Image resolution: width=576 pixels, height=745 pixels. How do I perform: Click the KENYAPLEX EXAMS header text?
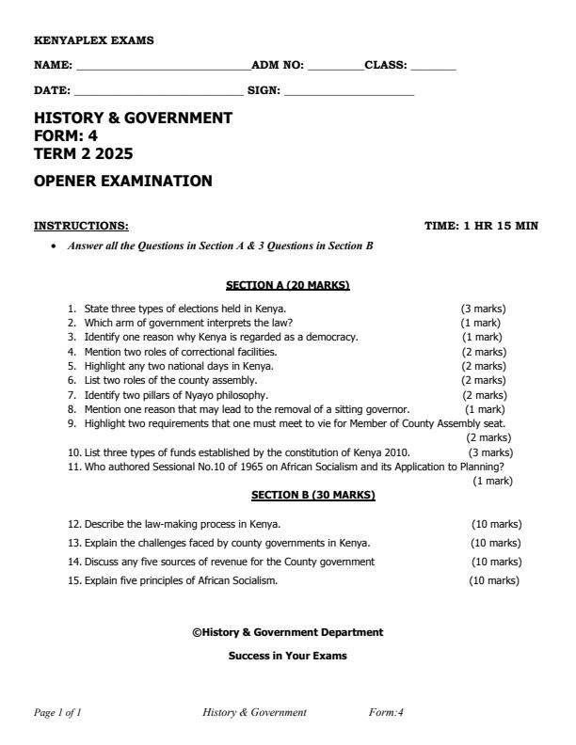click(x=93, y=40)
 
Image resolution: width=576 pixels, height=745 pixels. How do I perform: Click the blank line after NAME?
click(x=163, y=69)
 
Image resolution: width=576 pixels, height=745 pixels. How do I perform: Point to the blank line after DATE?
click(x=158, y=94)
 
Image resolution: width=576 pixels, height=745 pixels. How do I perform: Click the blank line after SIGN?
click(x=349, y=94)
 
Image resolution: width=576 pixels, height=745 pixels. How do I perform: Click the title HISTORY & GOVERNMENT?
click(x=133, y=119)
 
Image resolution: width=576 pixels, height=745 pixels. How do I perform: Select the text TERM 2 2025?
click(x=77, y=152)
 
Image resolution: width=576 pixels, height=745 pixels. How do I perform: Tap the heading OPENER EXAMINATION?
click(x=123, y=181)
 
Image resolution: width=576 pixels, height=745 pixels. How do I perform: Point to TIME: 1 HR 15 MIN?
click(x=482, y=226)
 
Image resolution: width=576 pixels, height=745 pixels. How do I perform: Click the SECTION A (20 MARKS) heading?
click(x=288, y=283)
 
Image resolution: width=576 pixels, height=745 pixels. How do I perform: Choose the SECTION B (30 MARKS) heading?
click(x=313, y=494)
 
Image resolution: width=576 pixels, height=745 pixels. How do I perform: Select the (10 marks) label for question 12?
click(x=496, y=523)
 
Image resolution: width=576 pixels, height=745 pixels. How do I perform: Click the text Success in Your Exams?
click(x=288, y=656)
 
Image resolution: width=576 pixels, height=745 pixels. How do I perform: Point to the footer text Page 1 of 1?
click(x=57, y=712)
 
